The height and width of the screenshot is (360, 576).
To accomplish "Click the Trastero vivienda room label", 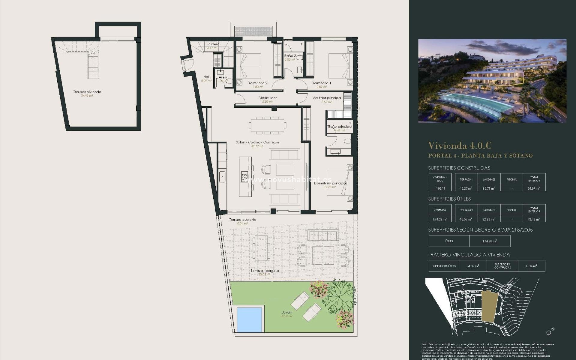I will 87,92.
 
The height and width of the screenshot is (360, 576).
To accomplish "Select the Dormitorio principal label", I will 330,183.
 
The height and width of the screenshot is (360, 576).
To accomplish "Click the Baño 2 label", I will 290,56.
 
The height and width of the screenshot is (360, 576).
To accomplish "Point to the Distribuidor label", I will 267,98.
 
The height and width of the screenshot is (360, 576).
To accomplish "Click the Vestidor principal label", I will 326,98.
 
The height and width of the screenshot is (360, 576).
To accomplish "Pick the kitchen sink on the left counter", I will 222,176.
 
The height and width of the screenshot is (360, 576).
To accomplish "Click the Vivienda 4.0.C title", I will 459,146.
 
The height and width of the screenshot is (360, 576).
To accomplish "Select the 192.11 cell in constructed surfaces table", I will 440,188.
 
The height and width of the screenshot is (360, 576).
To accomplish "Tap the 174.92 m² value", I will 490,241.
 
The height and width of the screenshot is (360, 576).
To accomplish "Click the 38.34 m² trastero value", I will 531,266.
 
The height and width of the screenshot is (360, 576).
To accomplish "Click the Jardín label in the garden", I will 287,312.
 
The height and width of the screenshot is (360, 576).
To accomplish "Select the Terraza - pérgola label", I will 265,271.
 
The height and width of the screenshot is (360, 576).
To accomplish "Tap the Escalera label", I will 212,44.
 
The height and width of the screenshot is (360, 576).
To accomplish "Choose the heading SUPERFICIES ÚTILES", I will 449,199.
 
